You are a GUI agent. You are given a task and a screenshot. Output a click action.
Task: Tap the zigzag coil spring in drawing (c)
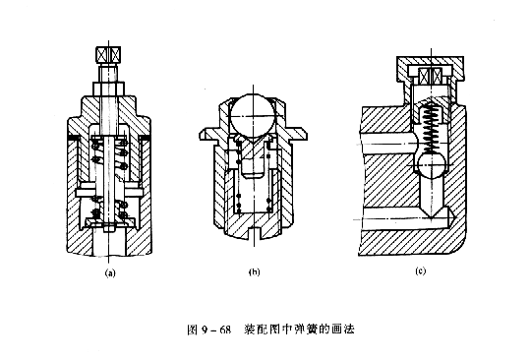tap(429, 122)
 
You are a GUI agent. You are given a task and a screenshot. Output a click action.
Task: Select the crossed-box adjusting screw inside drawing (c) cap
tap(429, 75)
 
